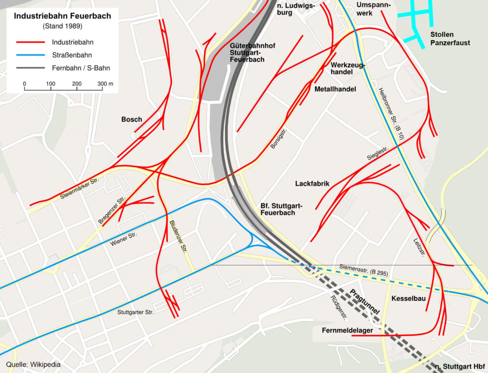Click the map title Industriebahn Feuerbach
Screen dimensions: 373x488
pyautogui.click(x=62, y=16)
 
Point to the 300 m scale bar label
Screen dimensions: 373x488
pyautogui.click(x=106, y=84)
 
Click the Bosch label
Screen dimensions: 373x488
pyautogui.click(x=132, y=119)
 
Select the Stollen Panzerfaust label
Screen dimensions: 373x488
pyautogui.click(x=450, y=39)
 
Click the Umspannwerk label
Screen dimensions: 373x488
pyautogui.click(x=373, y=9)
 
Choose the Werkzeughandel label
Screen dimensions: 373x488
pyautogui.click(x=348, y=68)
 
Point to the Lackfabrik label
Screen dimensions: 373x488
pyautogui.click(x=313, y=183)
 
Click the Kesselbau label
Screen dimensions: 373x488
pyautogui.click(x=408, y=299)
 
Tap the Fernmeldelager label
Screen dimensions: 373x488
pyautogui.click(x=346, y=330)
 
